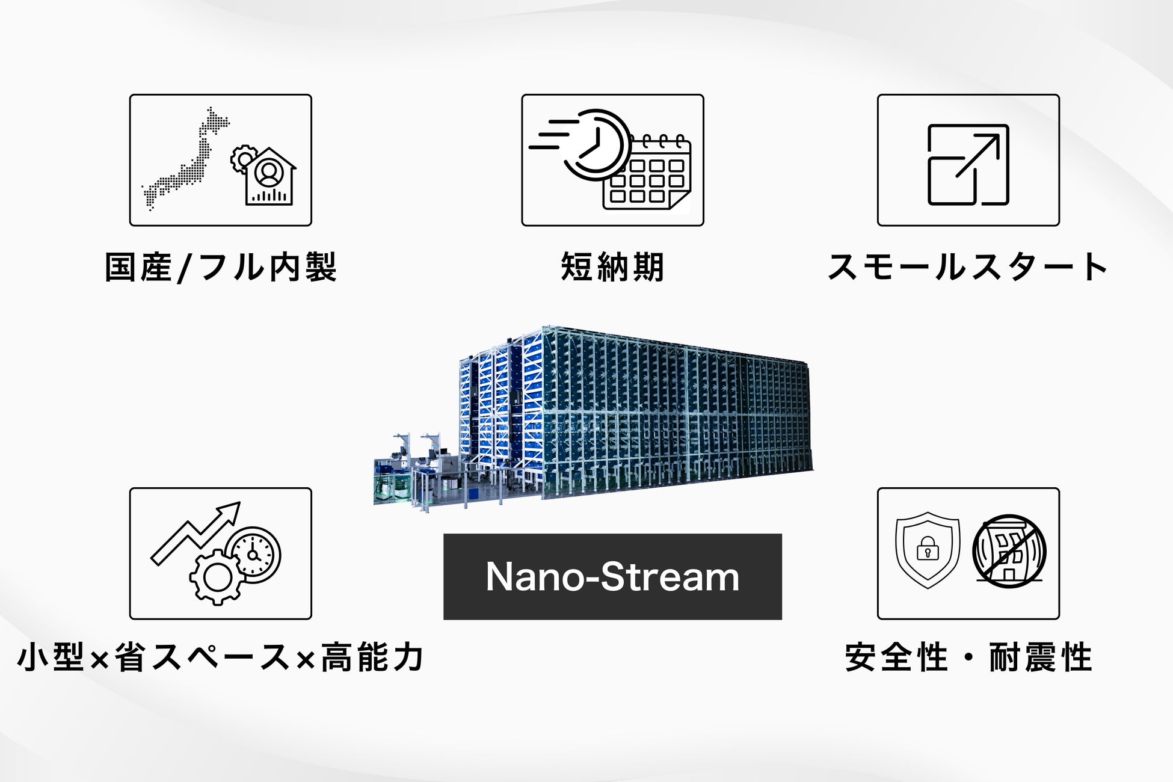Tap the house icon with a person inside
coord(270,177)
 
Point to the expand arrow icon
coord(968,164)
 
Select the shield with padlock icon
coord(928,549)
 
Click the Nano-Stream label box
coord(612,576)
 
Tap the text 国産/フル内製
coord(221,267)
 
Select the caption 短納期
coord(612,267)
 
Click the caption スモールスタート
coord(968,267)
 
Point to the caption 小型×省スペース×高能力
coord(221,657)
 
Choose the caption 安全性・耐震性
coord(968,657)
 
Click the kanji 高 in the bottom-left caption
coord(337,657)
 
